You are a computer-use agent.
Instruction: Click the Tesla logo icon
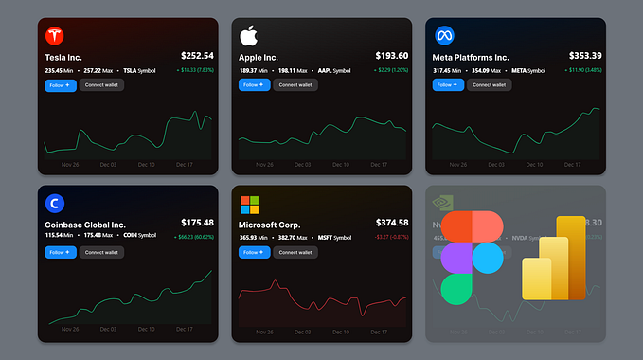pyautogui.click(x=55, y=36)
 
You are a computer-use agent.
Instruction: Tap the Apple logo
pyautogui.click(x=249, y=36)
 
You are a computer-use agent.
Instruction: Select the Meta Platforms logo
pyautogui.click(x=443, y=36)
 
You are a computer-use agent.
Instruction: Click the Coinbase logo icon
pyautogui.click(x=55, y=203)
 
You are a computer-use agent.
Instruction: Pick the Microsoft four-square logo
pyautogui.click(x=249, y=205)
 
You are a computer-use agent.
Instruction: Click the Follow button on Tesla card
pyautogui.click(x=60, y=85)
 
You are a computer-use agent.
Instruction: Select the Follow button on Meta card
pyautogui.click(x=448, y=85)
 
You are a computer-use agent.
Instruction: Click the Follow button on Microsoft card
pyautogui.click(x=254, y=252)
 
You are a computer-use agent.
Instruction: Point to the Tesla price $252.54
pyautogui.click(x=197, y=56)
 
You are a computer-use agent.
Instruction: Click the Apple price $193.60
pyautogui.click(x=391, y=56)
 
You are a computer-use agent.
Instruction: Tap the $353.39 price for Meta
pyautogui.click(x=585, y=56)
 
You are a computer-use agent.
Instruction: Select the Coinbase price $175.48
pyautogui.click(x=197, y=223)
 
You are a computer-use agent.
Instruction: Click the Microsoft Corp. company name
pyautogui.click(x=274, y=224)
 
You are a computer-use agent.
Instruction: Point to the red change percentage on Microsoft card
pyautogui.click(x=389, y=236)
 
